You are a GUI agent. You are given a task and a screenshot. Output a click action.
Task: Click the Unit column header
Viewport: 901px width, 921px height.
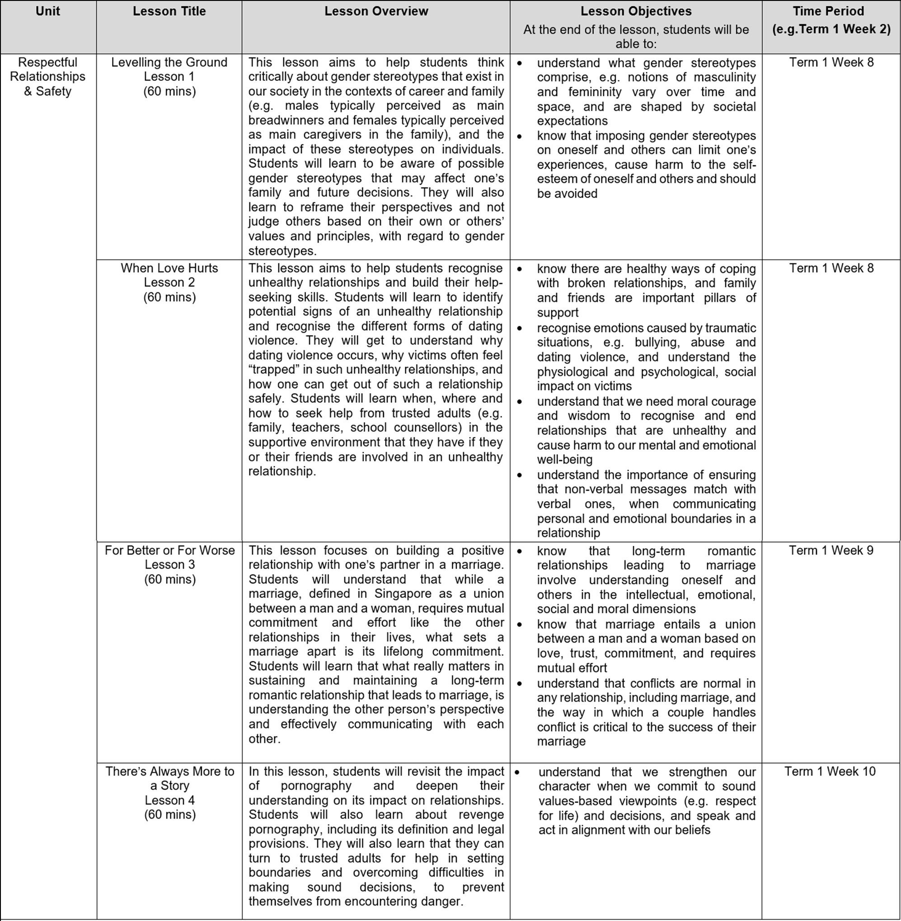(48, 11)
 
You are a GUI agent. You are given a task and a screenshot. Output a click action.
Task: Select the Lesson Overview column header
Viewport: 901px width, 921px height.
(376, 11)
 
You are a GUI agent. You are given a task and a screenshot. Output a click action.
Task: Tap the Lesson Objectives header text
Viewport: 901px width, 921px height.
(636, 11)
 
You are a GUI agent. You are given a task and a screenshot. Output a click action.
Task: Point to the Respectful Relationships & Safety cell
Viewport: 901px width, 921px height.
(48, 77)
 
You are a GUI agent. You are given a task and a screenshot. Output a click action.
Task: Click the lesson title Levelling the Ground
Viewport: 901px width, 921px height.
(169, 62)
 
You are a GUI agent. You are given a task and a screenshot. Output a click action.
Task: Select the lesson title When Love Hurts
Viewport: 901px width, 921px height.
(169, 268)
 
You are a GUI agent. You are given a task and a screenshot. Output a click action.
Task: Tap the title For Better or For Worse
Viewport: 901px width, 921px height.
(170, 550)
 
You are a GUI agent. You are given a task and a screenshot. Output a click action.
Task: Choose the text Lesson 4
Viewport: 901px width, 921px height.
(170, 800)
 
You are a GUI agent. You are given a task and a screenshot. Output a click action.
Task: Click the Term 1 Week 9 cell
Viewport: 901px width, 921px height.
(831, 550)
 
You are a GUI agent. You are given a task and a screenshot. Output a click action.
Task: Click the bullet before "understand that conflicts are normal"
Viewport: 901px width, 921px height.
(520, 684)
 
